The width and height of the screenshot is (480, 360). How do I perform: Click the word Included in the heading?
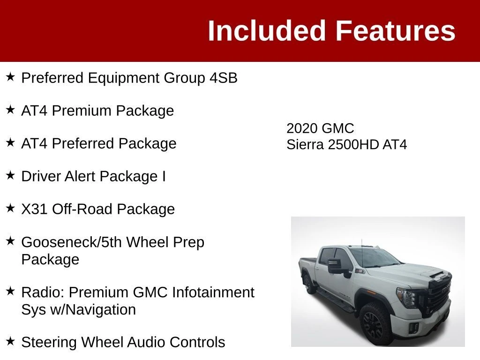tap(266, 30)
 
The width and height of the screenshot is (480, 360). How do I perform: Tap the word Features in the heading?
tap(396, 30)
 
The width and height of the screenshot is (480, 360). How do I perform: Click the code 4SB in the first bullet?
tap(224, 78)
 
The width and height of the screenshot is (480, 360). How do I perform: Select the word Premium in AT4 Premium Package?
tap(82, 111)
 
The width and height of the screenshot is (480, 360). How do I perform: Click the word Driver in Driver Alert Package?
tap(41, 176)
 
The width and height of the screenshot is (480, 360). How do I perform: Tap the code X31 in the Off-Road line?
tap(34, 209)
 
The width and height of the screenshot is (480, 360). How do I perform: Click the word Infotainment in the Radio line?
tap(213, 292)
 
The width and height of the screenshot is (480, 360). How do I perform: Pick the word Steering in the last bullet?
tap(49, 342)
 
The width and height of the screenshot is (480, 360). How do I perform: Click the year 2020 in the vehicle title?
tap(301, 128)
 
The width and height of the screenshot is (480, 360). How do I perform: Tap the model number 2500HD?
tap(353, 144)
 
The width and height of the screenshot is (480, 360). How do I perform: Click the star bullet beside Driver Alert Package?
tap(10, 175)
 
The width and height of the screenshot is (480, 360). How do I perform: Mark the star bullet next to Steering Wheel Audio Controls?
tap(10, 341)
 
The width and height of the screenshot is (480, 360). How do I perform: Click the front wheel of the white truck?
tap(375, 324)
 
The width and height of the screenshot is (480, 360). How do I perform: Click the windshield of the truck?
tap(374, 257)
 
